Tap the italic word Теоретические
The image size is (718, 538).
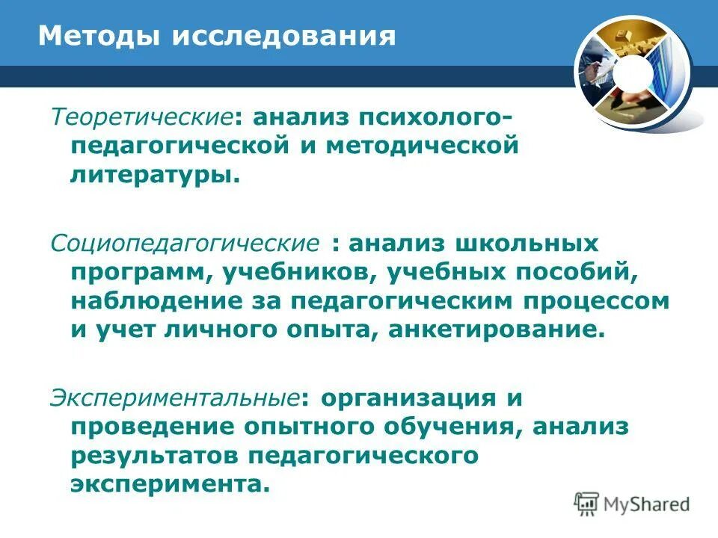click(x=141, y=117)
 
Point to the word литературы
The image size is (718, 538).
click(x=156, y=176)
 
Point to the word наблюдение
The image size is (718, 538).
click(x=155, y=302)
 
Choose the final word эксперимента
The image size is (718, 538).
click(x=170, y=485)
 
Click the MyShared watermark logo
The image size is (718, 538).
click(x=632, y=503)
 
